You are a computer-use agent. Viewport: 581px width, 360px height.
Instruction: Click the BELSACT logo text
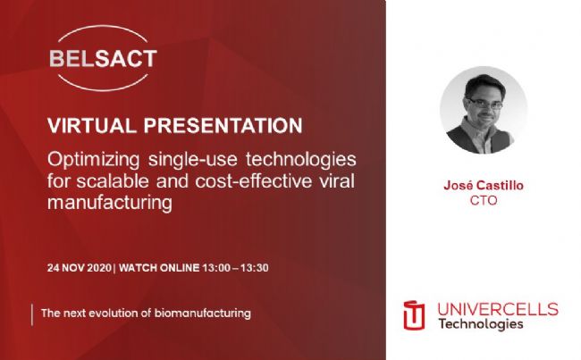click(x=104, y=59)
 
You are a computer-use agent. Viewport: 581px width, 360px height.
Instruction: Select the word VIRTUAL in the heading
click(x=92, y=125)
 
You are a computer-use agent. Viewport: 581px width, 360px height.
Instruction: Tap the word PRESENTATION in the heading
click(x=223, y=125)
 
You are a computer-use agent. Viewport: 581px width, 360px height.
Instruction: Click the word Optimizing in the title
click(x=93, y=161)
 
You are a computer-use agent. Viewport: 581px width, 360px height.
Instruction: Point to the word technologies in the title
click(x=301, y=160)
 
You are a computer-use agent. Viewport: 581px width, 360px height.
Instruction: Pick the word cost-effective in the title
click(x=254, y=181)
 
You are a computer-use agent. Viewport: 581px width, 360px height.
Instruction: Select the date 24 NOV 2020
click(x=80, y=268)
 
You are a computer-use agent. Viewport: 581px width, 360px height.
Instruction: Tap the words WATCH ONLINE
click(x=159, y=268)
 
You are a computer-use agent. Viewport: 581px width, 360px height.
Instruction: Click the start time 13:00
click(x=216, y=268)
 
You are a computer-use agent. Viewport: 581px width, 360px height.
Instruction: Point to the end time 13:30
click(x=255, y=268)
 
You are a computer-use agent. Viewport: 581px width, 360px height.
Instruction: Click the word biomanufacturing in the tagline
click(x=203, y=314)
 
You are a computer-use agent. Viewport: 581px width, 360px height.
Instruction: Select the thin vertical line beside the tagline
click(x=32, y=314)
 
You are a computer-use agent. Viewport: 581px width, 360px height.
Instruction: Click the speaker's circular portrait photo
click(x=484, y=110)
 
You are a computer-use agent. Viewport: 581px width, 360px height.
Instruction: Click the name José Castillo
click(x=484, y=185)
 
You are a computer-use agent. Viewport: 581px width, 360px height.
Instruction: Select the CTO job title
click(x=484, y=200)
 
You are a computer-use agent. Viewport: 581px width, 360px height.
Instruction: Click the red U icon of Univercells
click(x=414, y=315)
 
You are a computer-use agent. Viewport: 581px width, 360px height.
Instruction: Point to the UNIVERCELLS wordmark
click(x=498, y=309)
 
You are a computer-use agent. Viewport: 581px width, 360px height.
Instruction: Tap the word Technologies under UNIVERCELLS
click(x=481, y=324)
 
